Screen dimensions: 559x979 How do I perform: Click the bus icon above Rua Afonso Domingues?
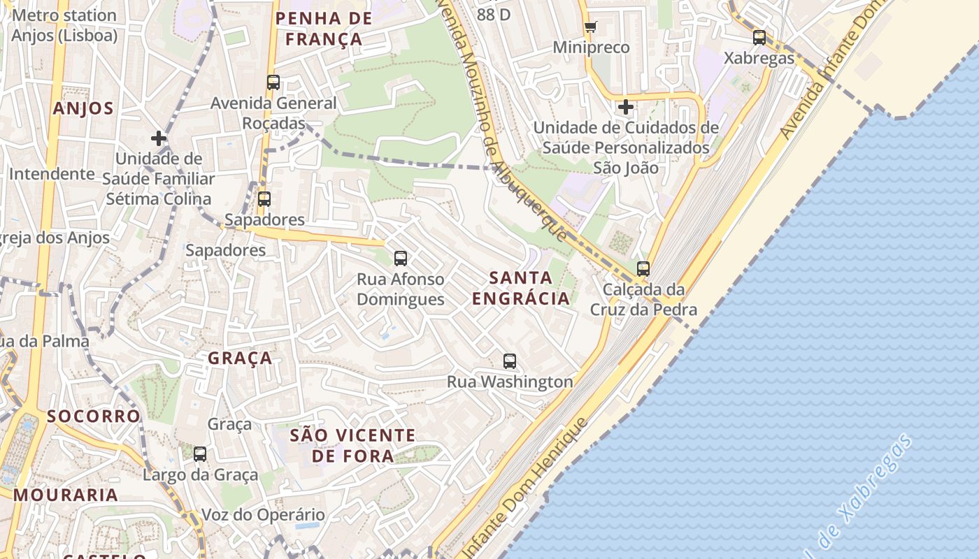pyautogui.click(x=401, y=259)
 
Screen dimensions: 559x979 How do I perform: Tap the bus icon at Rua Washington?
pyautogui.click(x=510, y=361)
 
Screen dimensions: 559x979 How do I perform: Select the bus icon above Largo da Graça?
pyautogui.click(x=200, y=454)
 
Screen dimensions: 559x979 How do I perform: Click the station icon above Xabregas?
pyautogui.click(x=759, y=38)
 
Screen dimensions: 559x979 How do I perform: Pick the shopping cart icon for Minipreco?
pyautogui.click(x=591, y=27)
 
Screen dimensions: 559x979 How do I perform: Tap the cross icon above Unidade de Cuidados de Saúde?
pyautogui.click(x=626, y=108)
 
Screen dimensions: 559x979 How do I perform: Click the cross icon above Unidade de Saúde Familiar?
pyautogui.click(x=159, y=138)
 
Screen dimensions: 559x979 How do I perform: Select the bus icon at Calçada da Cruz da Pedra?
pyautogui.click(x=643, y=268)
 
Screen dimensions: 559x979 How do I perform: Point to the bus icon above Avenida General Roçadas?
pyautogui.click(x=273, y=82)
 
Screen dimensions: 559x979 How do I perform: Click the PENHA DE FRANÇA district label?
pyautogui.click(x=324, y=29)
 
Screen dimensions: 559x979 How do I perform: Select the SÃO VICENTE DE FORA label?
pyautogui.click(x=352, y=446)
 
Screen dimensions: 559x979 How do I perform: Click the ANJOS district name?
pyautogui.click(x=83, y=108)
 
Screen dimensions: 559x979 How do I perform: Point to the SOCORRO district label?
pyautogui.click(x=94, y=416)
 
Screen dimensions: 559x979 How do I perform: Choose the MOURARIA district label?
pyautogui.click(x=66, y=495)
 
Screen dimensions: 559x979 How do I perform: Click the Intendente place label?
pyautogui.click(x=52, y=174)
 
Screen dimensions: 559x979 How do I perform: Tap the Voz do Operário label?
pyautogui.click(x=263, y=515)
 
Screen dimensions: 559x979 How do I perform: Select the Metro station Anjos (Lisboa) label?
pyautogui.click(x=64, y=25)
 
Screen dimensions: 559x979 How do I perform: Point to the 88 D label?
pyautogui.click(x=494, y=14)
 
